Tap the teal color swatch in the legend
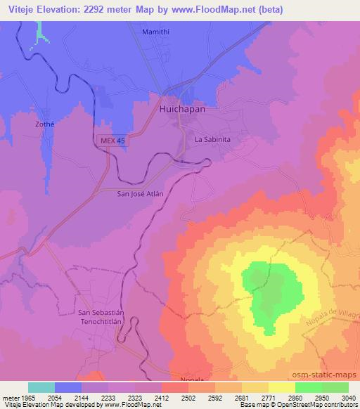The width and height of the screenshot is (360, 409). (41, 388)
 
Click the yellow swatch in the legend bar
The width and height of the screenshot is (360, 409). (281, 388)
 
